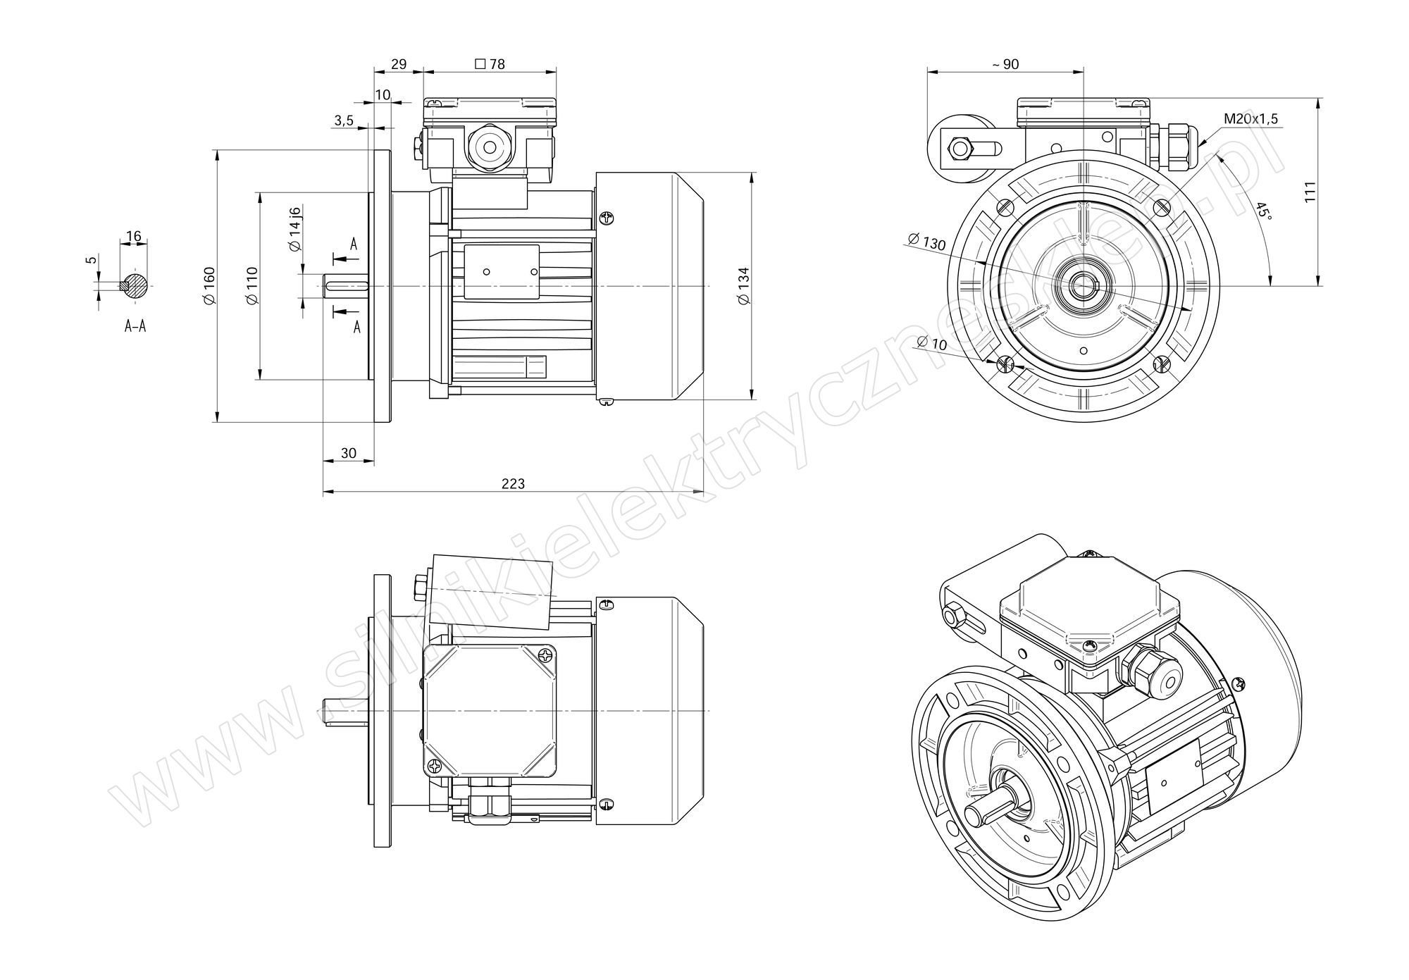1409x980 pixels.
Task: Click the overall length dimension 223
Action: [x=513, y=484]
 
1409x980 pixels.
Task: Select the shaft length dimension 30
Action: [x=349, y=453]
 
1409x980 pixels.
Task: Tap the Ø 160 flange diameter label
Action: [x=209, y=286]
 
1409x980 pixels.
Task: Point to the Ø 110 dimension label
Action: [x=253, y=286]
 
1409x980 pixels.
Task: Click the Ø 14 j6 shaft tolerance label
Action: [x=294, y=229]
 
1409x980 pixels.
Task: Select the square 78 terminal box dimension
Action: [x=490, y=64]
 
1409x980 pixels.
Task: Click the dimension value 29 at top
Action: [x=399, y=64]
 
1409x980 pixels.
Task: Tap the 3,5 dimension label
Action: [x=344, y=120]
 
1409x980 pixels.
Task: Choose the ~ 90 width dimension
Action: [x=1005, y=64]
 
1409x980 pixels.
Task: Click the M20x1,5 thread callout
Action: [x=1250, y=119]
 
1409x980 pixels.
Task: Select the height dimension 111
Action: [x=1310, y=192]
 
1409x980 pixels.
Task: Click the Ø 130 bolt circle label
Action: [x=926, y=241]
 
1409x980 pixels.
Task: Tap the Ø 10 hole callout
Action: [x=932, y=343]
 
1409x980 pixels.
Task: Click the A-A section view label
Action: [x=135, y=326]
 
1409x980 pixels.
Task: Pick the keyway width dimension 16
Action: [x=134, y=235]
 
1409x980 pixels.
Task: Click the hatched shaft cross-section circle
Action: [x=135, y=285]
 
